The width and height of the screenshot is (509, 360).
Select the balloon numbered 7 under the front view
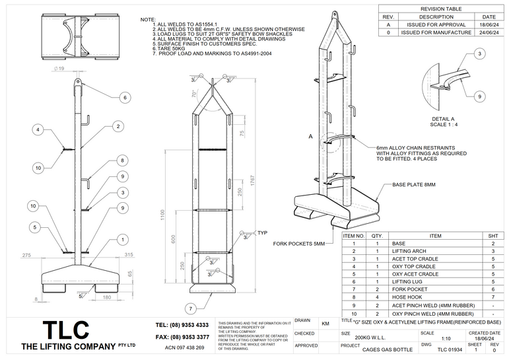click(x=189, y=308)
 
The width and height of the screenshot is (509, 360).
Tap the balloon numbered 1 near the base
click(x=123, y=238)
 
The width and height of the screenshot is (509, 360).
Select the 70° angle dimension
click(x=194, y=94)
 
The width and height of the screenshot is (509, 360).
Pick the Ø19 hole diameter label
click(x=59, y=68)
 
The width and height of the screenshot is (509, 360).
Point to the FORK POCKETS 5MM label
click(x=299, y=244)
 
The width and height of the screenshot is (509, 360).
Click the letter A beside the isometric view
click(x=310, y=135)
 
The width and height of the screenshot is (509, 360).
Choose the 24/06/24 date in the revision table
click(x=489, y=32)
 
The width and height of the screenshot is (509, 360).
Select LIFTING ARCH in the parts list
click(x=410, y=251)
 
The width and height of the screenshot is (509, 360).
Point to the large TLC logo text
click(x=66, y=330)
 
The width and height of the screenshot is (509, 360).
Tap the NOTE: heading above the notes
click(x=148, y=20)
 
